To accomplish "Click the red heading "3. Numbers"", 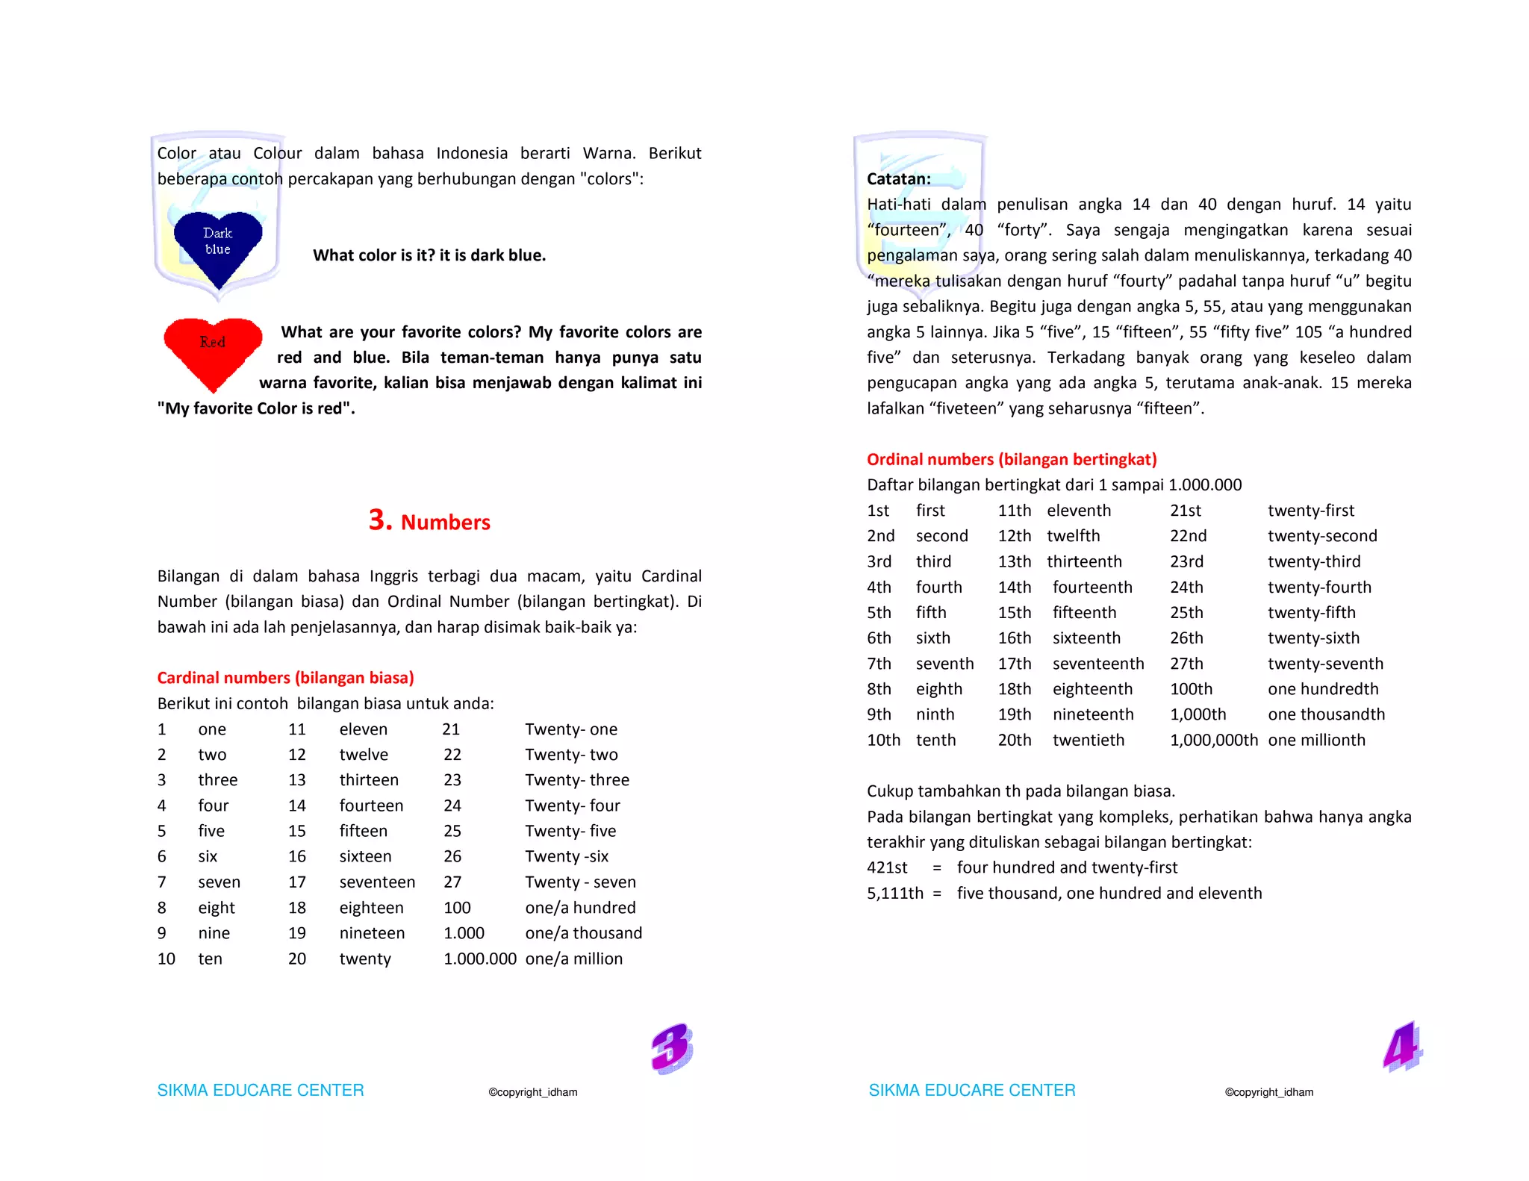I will click(429, 520).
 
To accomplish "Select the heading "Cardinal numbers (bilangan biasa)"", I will click(285, 678).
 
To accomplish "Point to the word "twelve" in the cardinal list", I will click(364, 755).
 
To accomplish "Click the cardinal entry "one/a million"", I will click(573, 959).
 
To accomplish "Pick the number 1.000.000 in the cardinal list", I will click(479, 959).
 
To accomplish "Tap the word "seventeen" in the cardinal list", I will click(377, 882).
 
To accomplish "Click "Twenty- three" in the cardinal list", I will click(576, 780).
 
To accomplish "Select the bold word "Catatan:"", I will click(898, 179).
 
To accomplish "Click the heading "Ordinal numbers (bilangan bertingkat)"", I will click(1011, 459).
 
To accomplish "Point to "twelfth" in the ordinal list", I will click(1073, 536).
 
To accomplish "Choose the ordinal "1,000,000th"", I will click(1213, 740).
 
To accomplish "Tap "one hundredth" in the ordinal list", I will click(1322, 689).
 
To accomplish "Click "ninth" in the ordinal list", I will click(935, 714).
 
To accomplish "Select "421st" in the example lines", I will click(887, 867).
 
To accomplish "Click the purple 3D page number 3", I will click(671, 1048).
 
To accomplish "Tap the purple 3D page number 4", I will click(1402, 1047).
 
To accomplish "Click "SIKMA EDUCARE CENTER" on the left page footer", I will click(260, 1090).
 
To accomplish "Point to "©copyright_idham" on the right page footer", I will click(1268, 1092).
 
